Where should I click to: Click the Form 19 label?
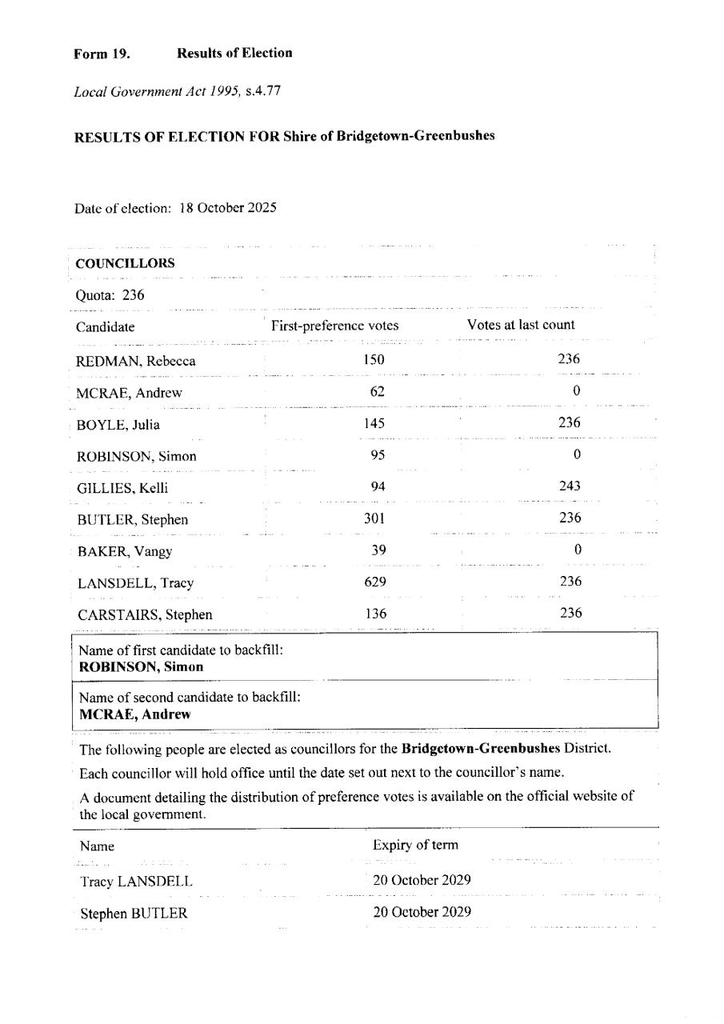102,54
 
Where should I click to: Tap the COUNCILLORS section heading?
125,263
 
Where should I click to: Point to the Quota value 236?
133,295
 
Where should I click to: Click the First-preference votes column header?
334,326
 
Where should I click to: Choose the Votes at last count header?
521,325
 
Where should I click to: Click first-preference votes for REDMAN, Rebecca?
374,360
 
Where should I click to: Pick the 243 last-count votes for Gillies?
570,486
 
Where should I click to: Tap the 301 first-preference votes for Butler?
374,518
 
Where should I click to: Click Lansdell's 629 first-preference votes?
374,582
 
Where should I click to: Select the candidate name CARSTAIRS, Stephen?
144,615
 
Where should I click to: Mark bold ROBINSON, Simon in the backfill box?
141,666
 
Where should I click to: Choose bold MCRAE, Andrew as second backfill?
135,714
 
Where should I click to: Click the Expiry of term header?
415,846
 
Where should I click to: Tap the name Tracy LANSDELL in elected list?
136,882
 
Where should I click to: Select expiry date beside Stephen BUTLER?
422,912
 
